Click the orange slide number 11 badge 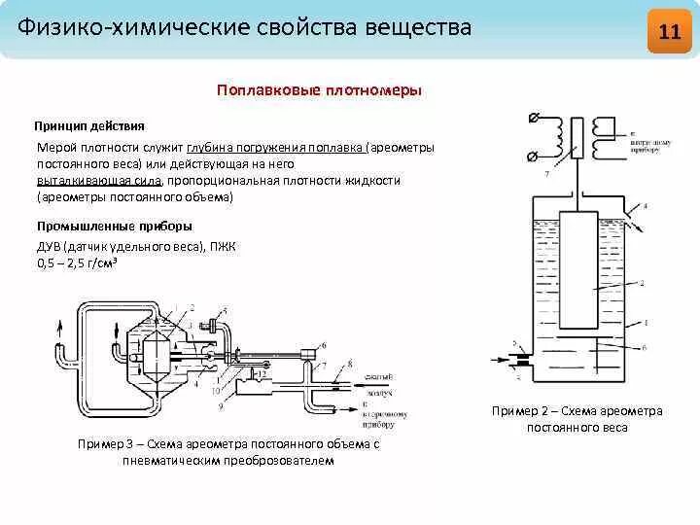click(669, 30)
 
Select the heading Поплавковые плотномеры click(319, 89)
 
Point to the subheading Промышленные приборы click(107, 227)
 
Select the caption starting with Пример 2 click(577, 410)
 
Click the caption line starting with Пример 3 click(227, 443)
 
